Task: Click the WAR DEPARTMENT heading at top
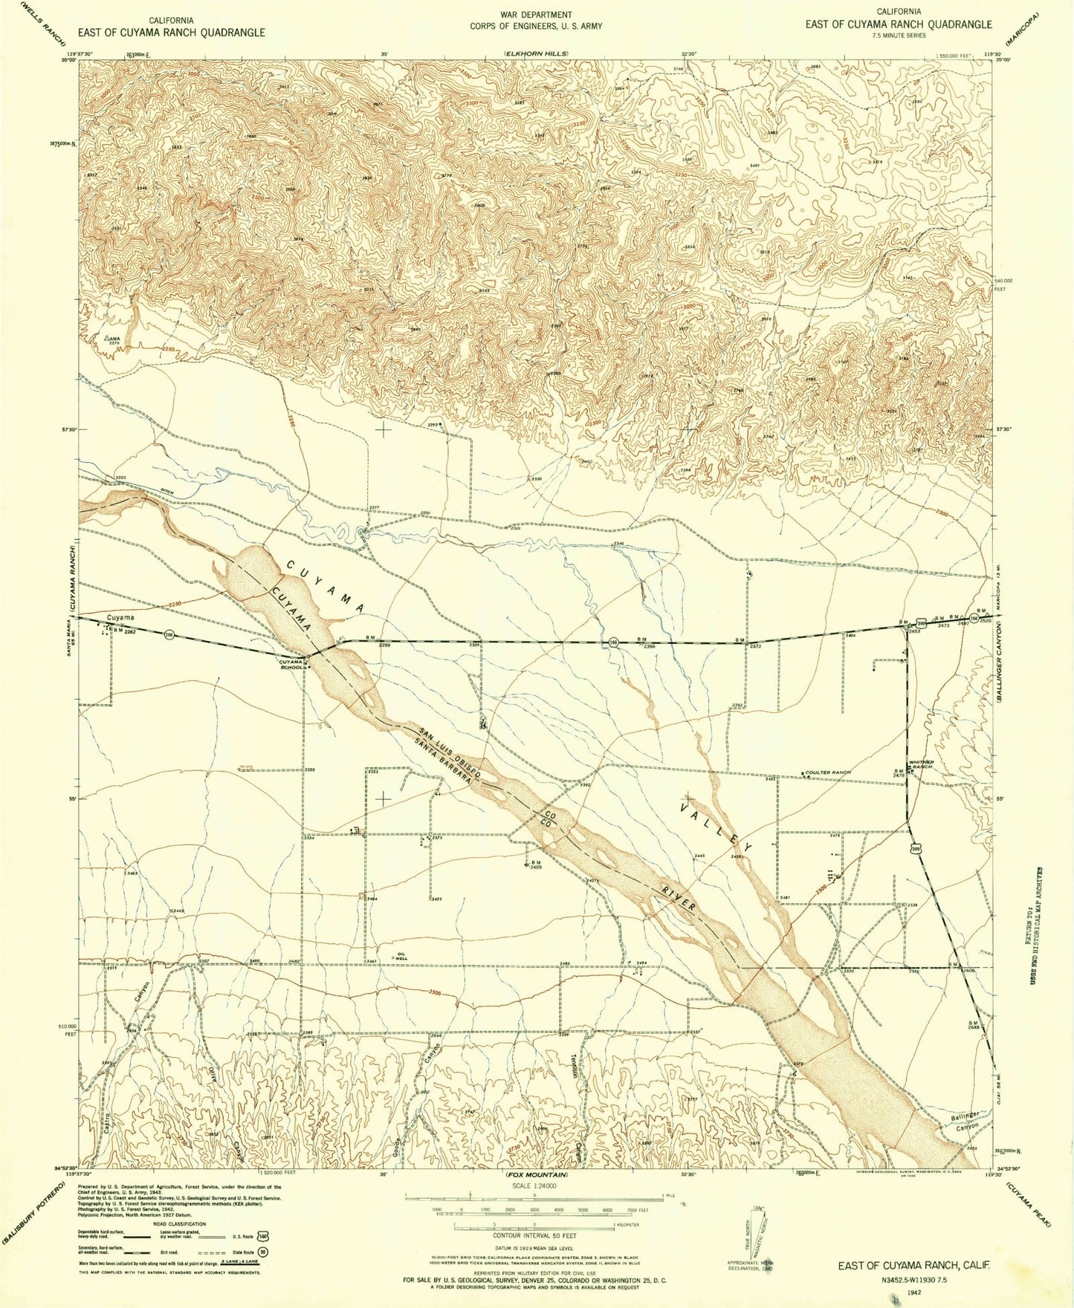point(536,15)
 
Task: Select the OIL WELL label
point(401,957)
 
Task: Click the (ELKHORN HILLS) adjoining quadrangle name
point(535,54)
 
